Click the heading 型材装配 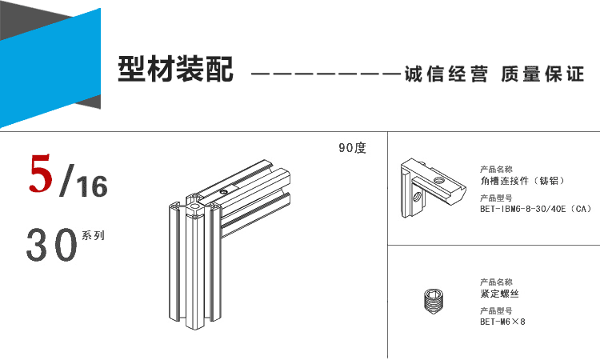point(176,69)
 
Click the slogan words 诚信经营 point(446,74)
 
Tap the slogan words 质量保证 point(542,74)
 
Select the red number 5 point(40,173)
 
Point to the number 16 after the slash point(92,186)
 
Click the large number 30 point(52,245)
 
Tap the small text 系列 point(93,235)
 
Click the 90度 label point(353,148)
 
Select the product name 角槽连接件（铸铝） point(522,181)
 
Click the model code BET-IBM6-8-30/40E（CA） point(536,209)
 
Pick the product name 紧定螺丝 point(500,294)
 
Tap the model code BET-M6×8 point(503,322)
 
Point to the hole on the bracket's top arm point(438,180)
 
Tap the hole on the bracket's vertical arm point(418,197)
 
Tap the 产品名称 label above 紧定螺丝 point(496,282)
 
